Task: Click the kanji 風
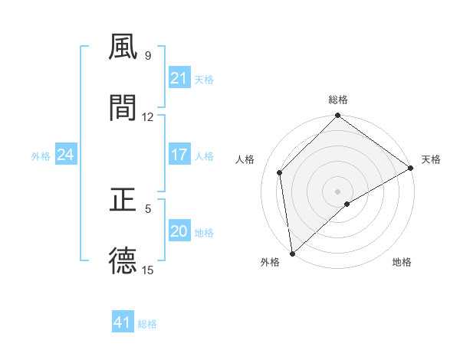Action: click(123, 47)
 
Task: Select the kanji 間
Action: click(123, 108)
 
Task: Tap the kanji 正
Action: click(123, 200)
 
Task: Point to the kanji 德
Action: click(123, 261)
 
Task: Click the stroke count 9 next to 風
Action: click(147, 56)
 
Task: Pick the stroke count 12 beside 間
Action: click(148, 117)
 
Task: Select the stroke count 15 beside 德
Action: click(148, 270)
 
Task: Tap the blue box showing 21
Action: click(179, 78)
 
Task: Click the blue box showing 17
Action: click(179, 155)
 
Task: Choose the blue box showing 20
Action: click(179, 231)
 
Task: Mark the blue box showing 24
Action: click(65, 155)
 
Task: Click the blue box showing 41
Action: click(123, 322)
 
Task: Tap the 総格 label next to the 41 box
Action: click(147, 324)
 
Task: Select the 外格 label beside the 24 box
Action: click(41, 156)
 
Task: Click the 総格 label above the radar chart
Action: click(338, 100)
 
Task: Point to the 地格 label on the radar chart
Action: click(402, 262)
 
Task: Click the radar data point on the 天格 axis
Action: click(411, 168)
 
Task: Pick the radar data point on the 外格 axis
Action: click(292, 254)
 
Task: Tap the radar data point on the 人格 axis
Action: click(280, 172)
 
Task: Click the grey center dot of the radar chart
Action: click(338, 191)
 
